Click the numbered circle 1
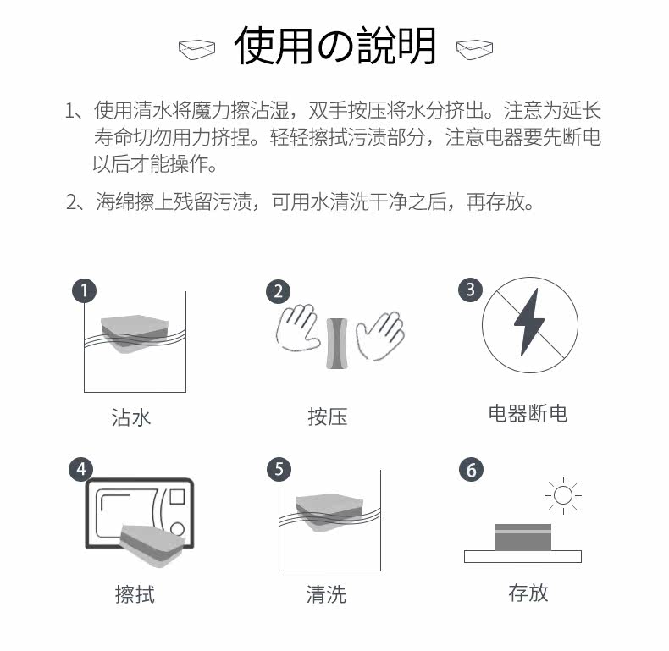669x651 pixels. click(84, 291)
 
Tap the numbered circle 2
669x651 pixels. click(278, 292)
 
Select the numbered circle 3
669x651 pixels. click(470, 290)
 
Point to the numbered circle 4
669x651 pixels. click(81, 470)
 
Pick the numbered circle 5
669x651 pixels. click(279, 470)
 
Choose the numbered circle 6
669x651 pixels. click(471, 470)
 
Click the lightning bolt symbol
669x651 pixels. click(529, 322)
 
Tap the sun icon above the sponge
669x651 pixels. click(563, 495)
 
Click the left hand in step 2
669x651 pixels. click(297, 328)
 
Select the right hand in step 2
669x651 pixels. click(380, 336)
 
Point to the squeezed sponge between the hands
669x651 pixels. click(337, 344)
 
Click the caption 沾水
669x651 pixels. click(131, 417)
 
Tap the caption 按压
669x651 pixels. click(327, 417)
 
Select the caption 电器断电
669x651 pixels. click(528, 413)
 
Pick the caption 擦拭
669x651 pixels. click(135, 593)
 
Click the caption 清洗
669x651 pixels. click(326, 593)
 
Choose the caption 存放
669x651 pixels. click(528, 593)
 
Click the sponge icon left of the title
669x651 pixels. click(196, 49)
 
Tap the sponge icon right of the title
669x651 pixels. click(474, 49)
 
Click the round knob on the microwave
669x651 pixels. click(177, 529)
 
